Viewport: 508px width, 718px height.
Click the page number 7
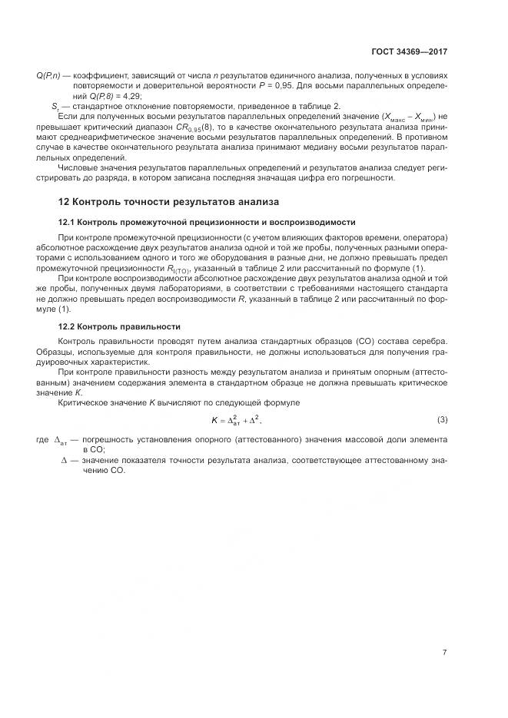point(445,653)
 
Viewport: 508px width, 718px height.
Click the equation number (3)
point(443,419)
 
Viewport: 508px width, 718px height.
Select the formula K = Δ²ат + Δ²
point(241,420)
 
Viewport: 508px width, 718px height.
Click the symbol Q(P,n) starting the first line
point(50,74)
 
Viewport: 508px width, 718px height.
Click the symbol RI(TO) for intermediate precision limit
point(182,268)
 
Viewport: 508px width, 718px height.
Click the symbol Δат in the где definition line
point(61,440)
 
